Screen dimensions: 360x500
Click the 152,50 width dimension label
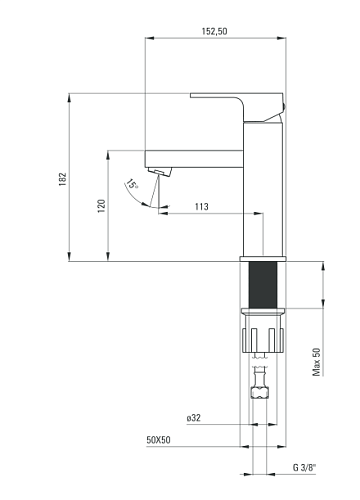[x=214, y=31]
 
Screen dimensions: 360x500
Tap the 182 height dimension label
[x=63, y=179]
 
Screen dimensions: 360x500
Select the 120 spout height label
[x=102, y=206]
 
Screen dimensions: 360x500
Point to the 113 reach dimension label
[x=202, y=207]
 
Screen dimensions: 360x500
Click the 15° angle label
[x=132, y=184]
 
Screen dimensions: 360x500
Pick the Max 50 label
[x=316, y=362]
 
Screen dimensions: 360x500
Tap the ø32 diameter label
[x=194, y=418]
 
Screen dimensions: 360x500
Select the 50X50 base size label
[x=158, y=440]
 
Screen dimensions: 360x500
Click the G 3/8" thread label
[x=304, y=467]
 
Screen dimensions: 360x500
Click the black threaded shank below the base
[x=263, y=285]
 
